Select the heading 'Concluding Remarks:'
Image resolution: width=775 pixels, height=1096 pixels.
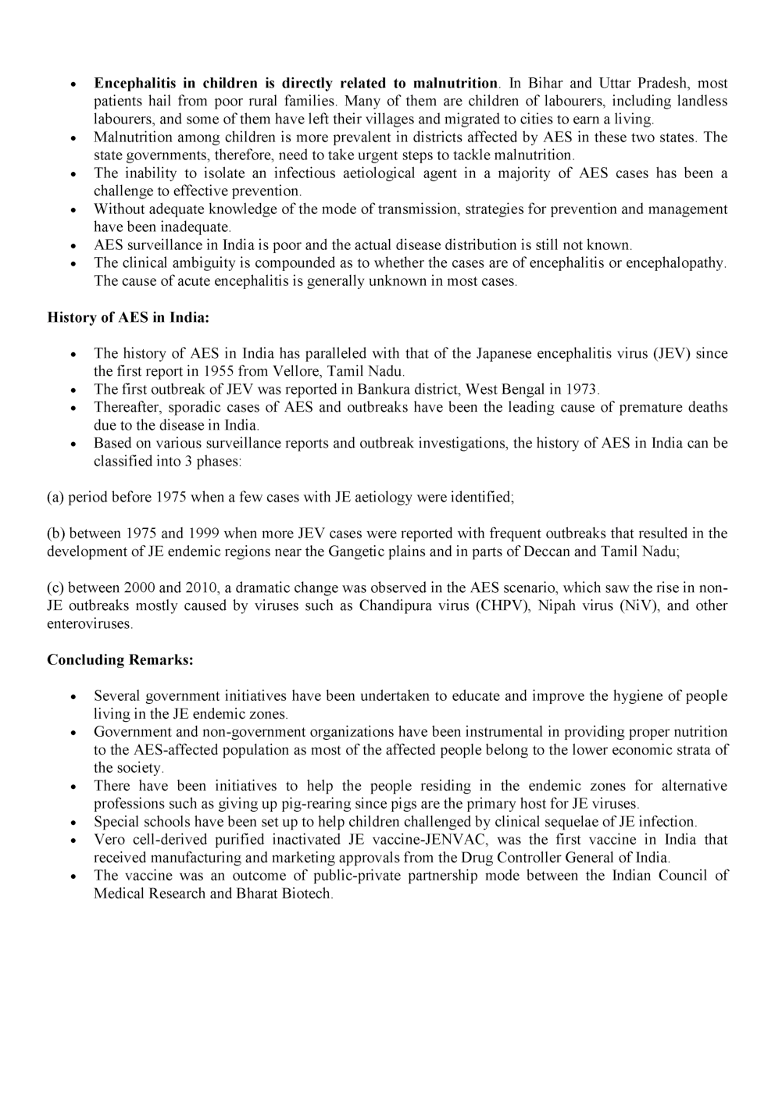(x=120, y=659)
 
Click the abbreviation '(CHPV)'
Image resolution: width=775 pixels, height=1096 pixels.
(x=502, y=605)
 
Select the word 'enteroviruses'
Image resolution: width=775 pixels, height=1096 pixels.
(x=88, y=623)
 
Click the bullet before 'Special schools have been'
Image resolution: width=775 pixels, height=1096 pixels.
(x=73, y=823)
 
